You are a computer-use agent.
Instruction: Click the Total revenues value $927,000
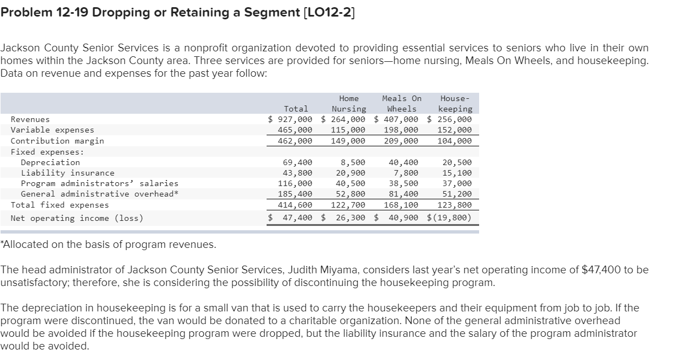pos(290,119)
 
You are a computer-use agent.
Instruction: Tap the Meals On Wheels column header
pos(402,104)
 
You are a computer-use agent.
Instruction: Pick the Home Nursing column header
pos(349,104)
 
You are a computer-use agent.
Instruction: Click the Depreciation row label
pos(50,162)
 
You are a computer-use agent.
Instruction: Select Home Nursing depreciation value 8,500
pos(353,162)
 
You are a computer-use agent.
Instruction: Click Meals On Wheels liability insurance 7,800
pos(407,173)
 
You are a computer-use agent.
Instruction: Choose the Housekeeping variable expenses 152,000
pos(454,130)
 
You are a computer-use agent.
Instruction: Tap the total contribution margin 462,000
pos(295,141)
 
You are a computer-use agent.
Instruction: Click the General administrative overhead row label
pos(99,194)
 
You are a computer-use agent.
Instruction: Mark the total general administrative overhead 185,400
pos(295,194)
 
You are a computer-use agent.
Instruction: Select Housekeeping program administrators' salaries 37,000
pos(457,183)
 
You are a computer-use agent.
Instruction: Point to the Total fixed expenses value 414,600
pos(295,205)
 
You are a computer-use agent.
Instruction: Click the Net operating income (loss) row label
pos(77,218)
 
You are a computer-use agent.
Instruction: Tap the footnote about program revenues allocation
pos(108,245)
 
